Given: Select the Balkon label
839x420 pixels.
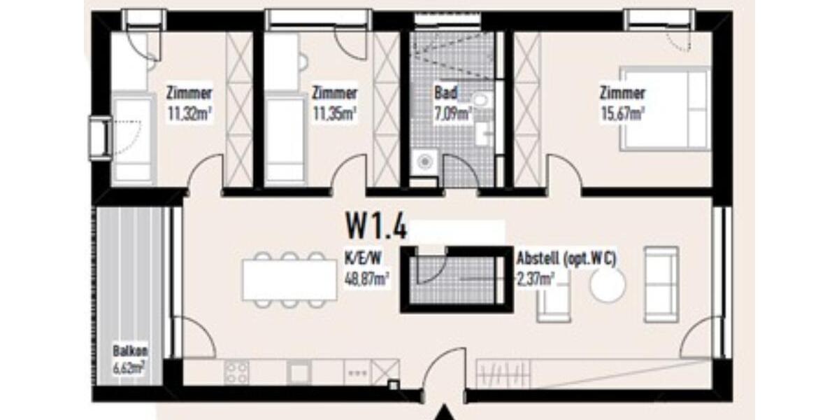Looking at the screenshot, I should point(130,352).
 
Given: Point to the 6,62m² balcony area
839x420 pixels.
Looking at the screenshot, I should point(130,367).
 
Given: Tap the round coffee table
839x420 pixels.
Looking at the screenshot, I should point(607,284).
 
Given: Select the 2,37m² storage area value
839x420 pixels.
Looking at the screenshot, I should point(535,277).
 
